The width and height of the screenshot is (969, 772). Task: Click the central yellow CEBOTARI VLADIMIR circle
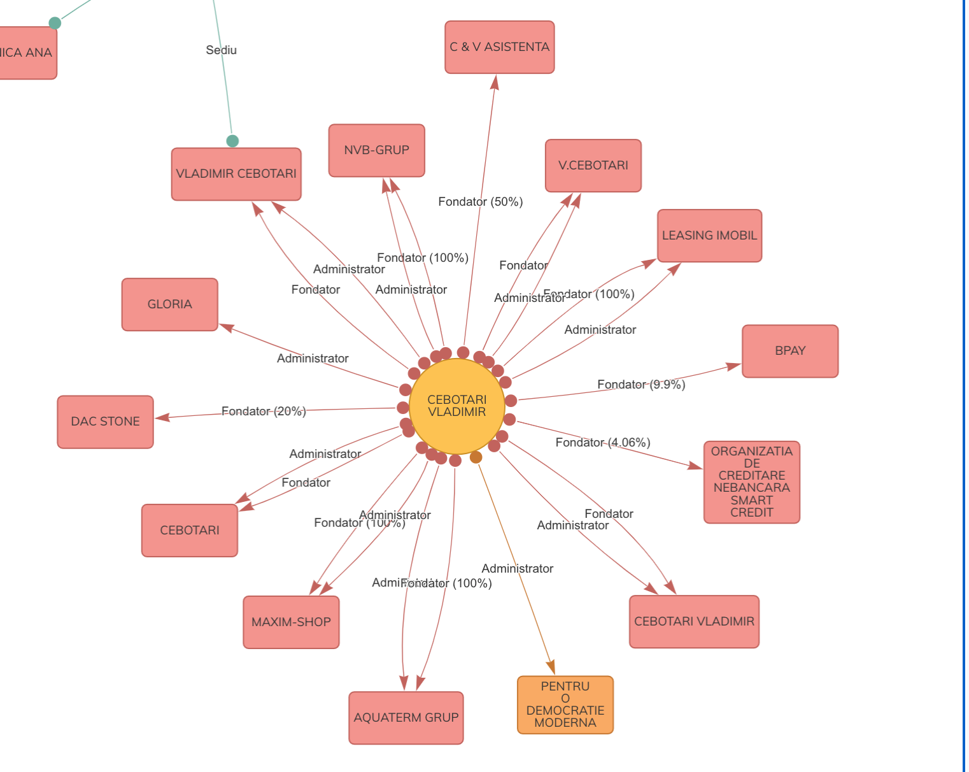pyautogui.click(x=456, y=406)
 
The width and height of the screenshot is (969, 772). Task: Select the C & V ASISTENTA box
pyautogui.click(x=499, y=47)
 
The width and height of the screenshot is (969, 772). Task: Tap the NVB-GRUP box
pyautogui.click(x=376, y=150)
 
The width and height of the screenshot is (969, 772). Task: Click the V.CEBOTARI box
pyautogui.click(x=593, y=166)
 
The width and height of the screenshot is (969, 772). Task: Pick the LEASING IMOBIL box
pyautogui.click(x=709, y=236)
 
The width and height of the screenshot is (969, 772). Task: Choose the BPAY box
pyautogui.click(x=789, y=351)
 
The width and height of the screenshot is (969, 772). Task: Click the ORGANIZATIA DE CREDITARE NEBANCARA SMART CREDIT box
pyautogui.click(x=751, y=482)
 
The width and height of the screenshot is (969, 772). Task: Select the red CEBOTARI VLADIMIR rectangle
pyautogui.click(x=694, y=622)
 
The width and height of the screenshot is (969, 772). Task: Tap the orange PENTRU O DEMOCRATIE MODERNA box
pyautogui.click(x=565, y=704)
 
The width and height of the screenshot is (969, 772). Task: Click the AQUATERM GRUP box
pyautogui.click(x=406, y=718)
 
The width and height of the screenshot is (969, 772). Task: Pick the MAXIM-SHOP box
pyautogui.click(x=291, y=622)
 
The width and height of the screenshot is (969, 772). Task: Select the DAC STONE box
pyautogui.click(x=105, y=422)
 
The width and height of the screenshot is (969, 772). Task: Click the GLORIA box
pyautogui.click(x=169, y=304)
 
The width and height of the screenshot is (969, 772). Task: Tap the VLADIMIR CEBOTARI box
pyautogui.click(x=236, y=174)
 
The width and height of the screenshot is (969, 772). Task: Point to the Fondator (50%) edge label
pyautogui.click(x=480, y=202)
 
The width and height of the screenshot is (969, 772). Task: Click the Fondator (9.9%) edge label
pyautogui.click(x=640, y=385)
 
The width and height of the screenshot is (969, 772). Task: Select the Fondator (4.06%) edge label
pyautogui.click(x=602, y=443)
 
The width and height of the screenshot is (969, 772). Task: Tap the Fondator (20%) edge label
pyautogui.click(x=264, y=411)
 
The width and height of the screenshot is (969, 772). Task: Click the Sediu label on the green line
pyautogui.click(x=221, y=50)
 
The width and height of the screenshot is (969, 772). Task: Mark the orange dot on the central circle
pyautogui.click(x=476, y=457)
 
